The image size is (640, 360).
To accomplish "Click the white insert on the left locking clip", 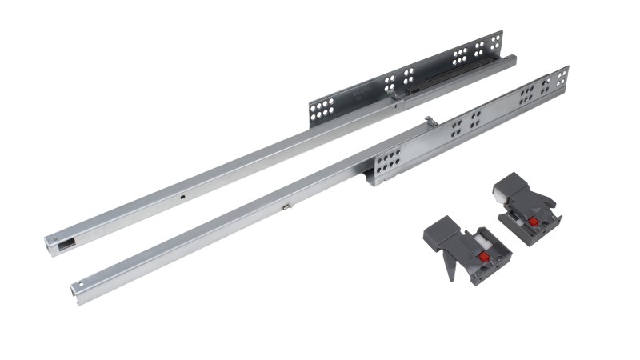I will tap(482, 238).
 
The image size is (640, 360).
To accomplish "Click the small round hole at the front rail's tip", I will tap(77, 284).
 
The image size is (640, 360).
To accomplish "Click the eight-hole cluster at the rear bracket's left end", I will tap(322, 110).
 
